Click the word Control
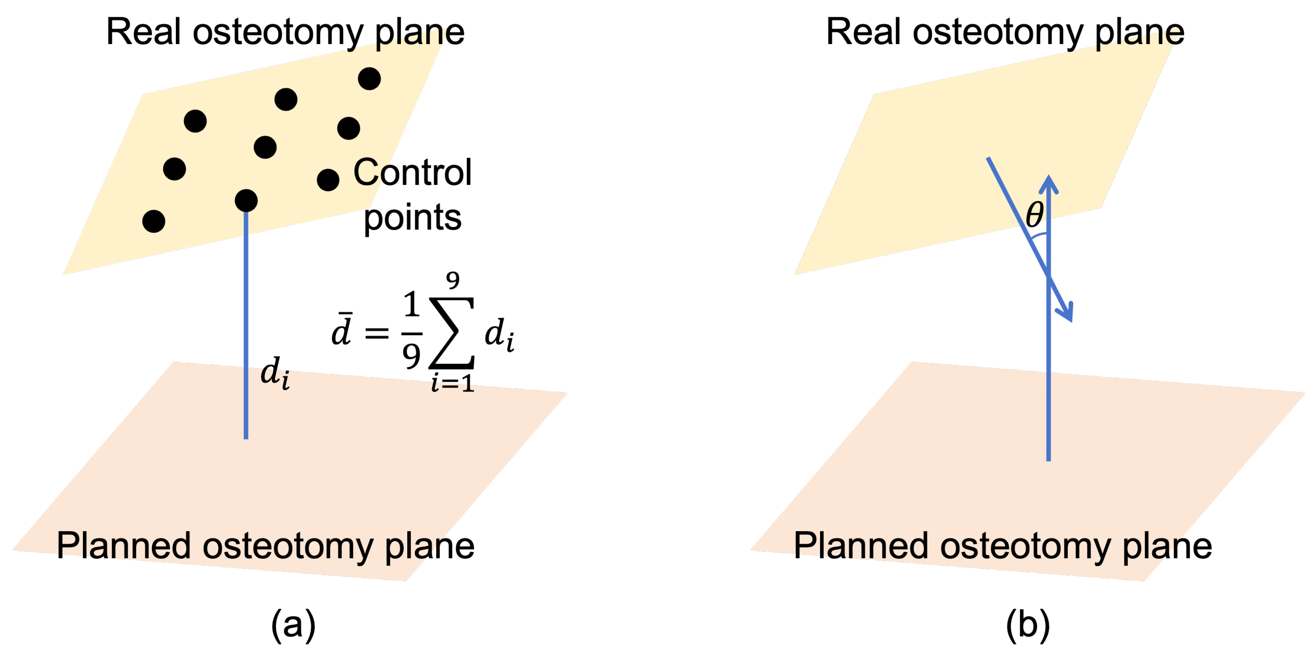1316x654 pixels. pyautogui.click(x=412, y=173)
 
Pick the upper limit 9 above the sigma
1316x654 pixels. pyautogui.click(x=453, y=280)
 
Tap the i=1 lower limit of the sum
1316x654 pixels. pyautogui.click(x=453, y=383)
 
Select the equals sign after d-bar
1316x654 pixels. pyautogui.click(x=377, y=333)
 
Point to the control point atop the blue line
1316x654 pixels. pyautogui.click(x=246, y=200)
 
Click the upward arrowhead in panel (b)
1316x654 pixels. pyautogui.click(x=1048, y=184)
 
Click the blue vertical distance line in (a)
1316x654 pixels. pyautogui.click(x=246, y=327)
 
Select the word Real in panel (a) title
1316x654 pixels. pyautogui.click(x=143, y=32)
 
